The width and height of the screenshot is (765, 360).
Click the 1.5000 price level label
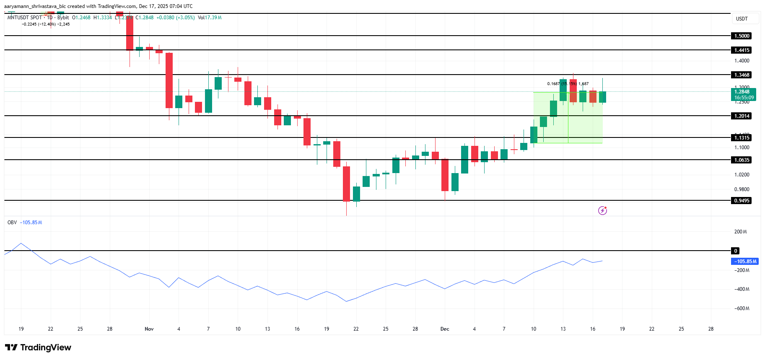pos(742,36)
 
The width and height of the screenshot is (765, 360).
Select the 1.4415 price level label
pos(742,50)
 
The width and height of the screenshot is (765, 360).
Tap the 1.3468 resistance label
pos(742,75)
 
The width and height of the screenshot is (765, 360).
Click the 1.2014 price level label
pos(742,116)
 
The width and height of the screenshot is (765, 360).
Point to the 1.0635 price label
pos(742,160)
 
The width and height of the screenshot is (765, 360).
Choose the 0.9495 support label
pos(742,201)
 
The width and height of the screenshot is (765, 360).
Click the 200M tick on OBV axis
pos(740,232)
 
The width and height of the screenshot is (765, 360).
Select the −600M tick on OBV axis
pos(742,308)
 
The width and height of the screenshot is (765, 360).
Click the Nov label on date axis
pos(149,329)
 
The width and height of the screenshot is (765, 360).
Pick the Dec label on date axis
pos(445,329)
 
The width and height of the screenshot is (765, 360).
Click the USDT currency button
pos(742,19)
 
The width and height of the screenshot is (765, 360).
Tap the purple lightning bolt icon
pos(602,210)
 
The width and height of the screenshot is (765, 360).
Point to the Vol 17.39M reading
pos(210,18)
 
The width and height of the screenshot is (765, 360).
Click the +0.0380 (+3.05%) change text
pos(175,18)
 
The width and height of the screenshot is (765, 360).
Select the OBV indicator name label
pos(12,223)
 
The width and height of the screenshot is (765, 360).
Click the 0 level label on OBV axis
pos(736,251)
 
